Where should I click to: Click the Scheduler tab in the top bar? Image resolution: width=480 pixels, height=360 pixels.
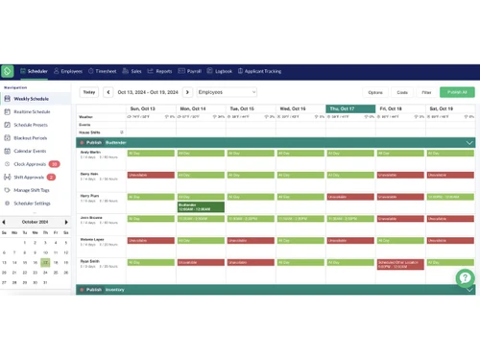coord(35,71)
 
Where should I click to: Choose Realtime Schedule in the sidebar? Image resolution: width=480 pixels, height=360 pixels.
coord(32,111)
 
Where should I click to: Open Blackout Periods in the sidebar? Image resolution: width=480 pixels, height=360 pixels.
coord(31,137)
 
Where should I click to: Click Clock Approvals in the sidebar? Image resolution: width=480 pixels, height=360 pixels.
coord(30,164)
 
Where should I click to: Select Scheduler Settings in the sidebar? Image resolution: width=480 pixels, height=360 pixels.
coord(32,204)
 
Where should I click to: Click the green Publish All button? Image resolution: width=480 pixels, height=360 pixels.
coord(457,92)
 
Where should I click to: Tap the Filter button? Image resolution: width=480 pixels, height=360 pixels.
coord(426,92)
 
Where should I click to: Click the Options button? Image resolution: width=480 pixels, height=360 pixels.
coord(375,92)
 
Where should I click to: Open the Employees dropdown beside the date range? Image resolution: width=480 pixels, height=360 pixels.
coord(227,92)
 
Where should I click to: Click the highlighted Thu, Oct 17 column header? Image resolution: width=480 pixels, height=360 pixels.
coord(350,108)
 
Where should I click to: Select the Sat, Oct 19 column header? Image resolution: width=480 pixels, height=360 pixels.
coord(450,108)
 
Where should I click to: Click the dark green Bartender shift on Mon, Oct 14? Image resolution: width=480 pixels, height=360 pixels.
coord(202,206)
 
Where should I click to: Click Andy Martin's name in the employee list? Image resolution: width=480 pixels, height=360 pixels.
coord(90,152)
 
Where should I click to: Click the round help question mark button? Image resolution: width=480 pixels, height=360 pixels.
coord(465,278)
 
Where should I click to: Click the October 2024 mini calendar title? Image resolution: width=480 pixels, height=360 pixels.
coord(35,222)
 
